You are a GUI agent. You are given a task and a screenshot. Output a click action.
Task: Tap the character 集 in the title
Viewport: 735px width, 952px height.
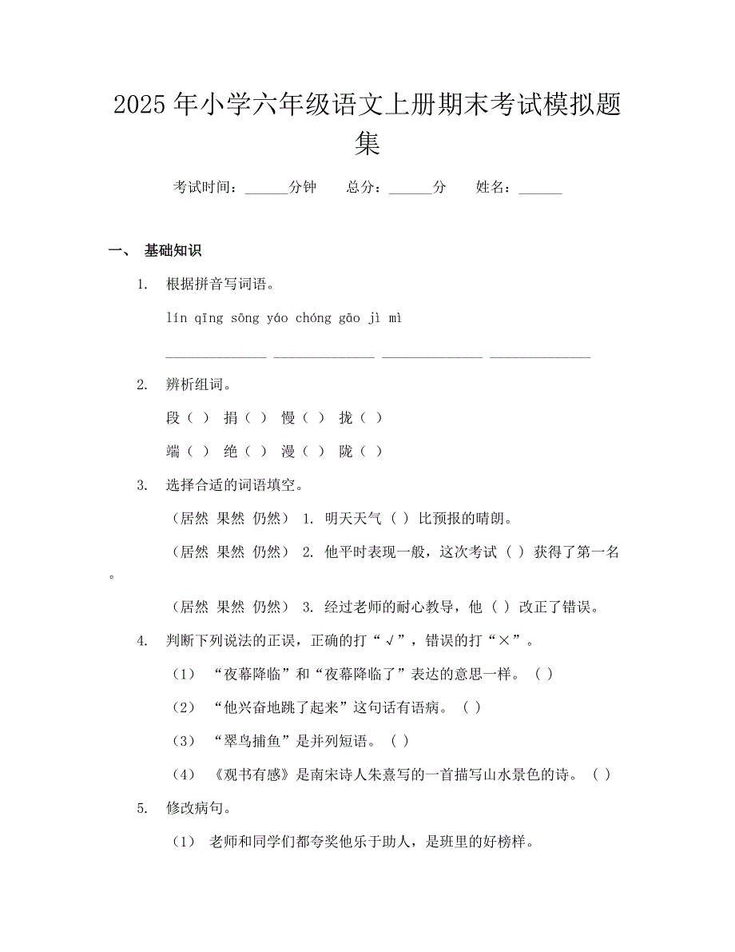pos(367,143)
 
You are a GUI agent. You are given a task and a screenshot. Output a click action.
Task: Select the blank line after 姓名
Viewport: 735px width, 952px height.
pos(540,189)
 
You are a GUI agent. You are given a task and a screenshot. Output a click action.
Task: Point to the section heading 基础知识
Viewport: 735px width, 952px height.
pos(173,250)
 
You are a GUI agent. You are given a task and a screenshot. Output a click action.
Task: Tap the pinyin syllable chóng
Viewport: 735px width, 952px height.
pos(313,318)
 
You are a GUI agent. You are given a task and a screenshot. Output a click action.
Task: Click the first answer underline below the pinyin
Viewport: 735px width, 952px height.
pos(216,356)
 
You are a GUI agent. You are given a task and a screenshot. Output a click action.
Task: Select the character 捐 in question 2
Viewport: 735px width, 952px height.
pos(231,417)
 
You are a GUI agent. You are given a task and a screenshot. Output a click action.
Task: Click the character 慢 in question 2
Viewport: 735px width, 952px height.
pos(288,417)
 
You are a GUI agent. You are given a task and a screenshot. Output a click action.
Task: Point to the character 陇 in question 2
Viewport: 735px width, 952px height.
pos(346,452)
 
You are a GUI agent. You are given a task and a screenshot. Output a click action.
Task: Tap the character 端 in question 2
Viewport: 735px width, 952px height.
pos(173,452)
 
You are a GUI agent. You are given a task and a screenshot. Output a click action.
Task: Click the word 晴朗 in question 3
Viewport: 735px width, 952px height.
pos(490,518)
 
